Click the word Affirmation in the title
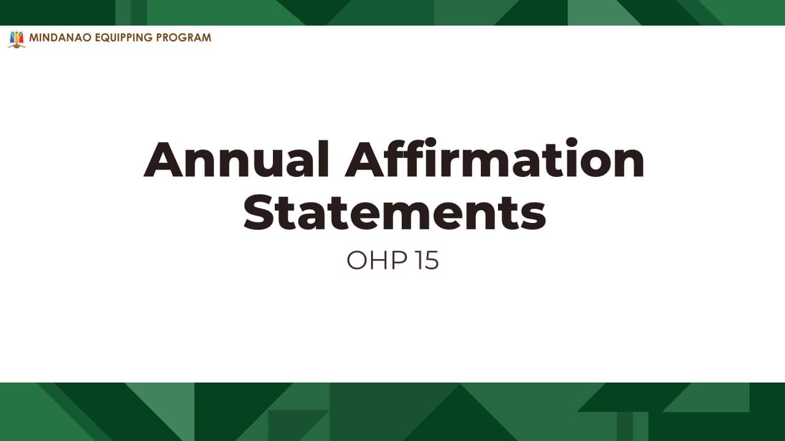[x=494, y=157]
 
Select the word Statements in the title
[x=394, y=212]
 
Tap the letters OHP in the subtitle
[x=377, y=260]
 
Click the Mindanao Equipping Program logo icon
[x=17, y=39]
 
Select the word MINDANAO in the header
[x=61, y=37]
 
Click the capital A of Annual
[x=164, y=159]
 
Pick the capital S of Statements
[x=259, y=212]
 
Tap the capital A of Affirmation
[x=365, y=159]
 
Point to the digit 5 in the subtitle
[x=432, y=260]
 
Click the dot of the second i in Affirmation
[x=572, y=142]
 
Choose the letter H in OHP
[x=380, y=260]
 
